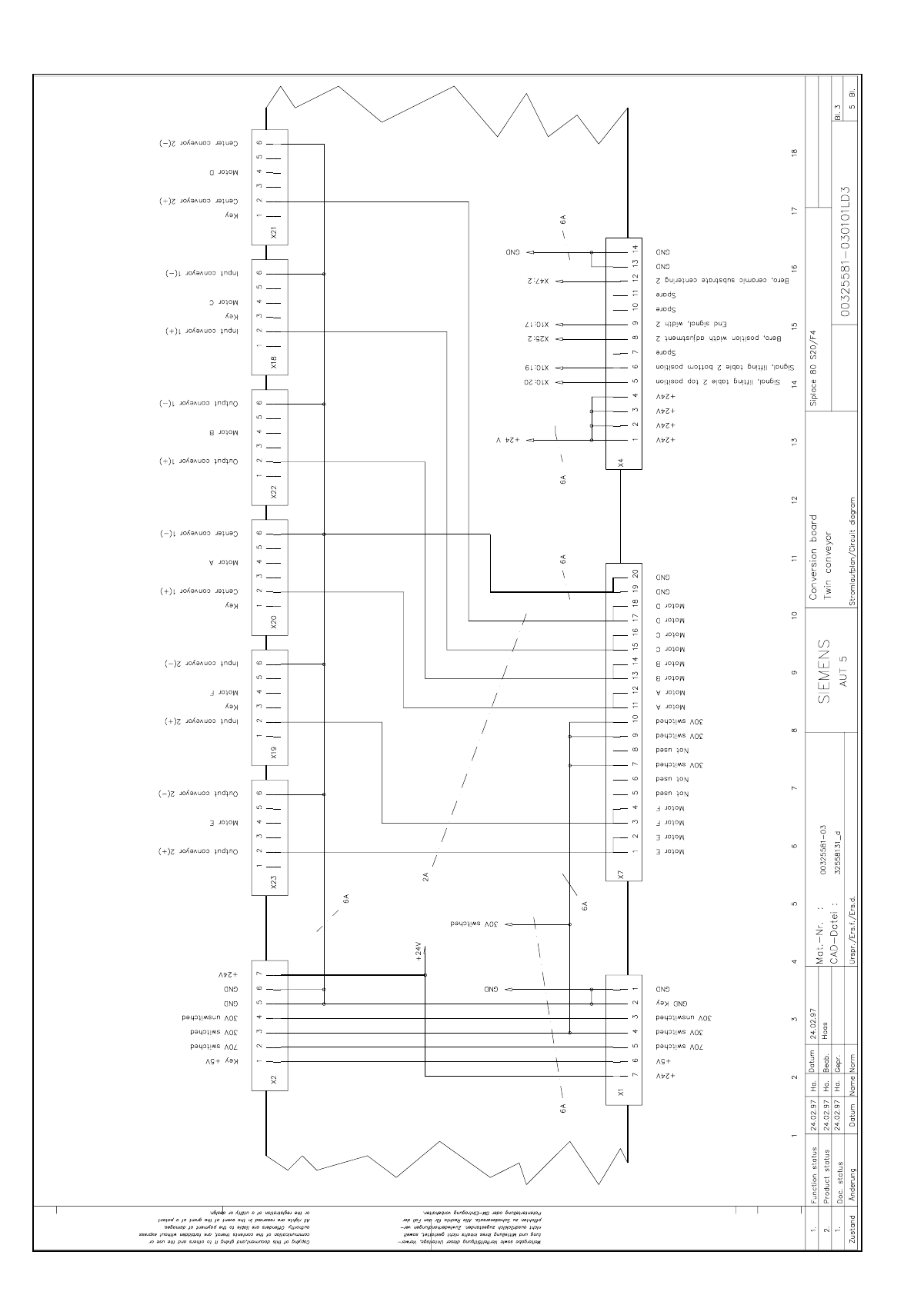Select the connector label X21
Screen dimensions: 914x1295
pyautogui.click(x=274, y=233)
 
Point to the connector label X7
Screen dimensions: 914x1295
pyautogui.click(x=621, y=873)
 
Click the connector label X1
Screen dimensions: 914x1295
pyautogui.click(x=621, y=1090)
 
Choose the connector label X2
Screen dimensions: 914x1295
pyautogui.click(x=274, y=1079)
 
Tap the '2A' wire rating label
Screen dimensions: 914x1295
pyautogui.click(x=425, y=876)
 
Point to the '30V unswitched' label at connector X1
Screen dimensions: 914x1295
pyautogui.click(x=682, y=1017)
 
